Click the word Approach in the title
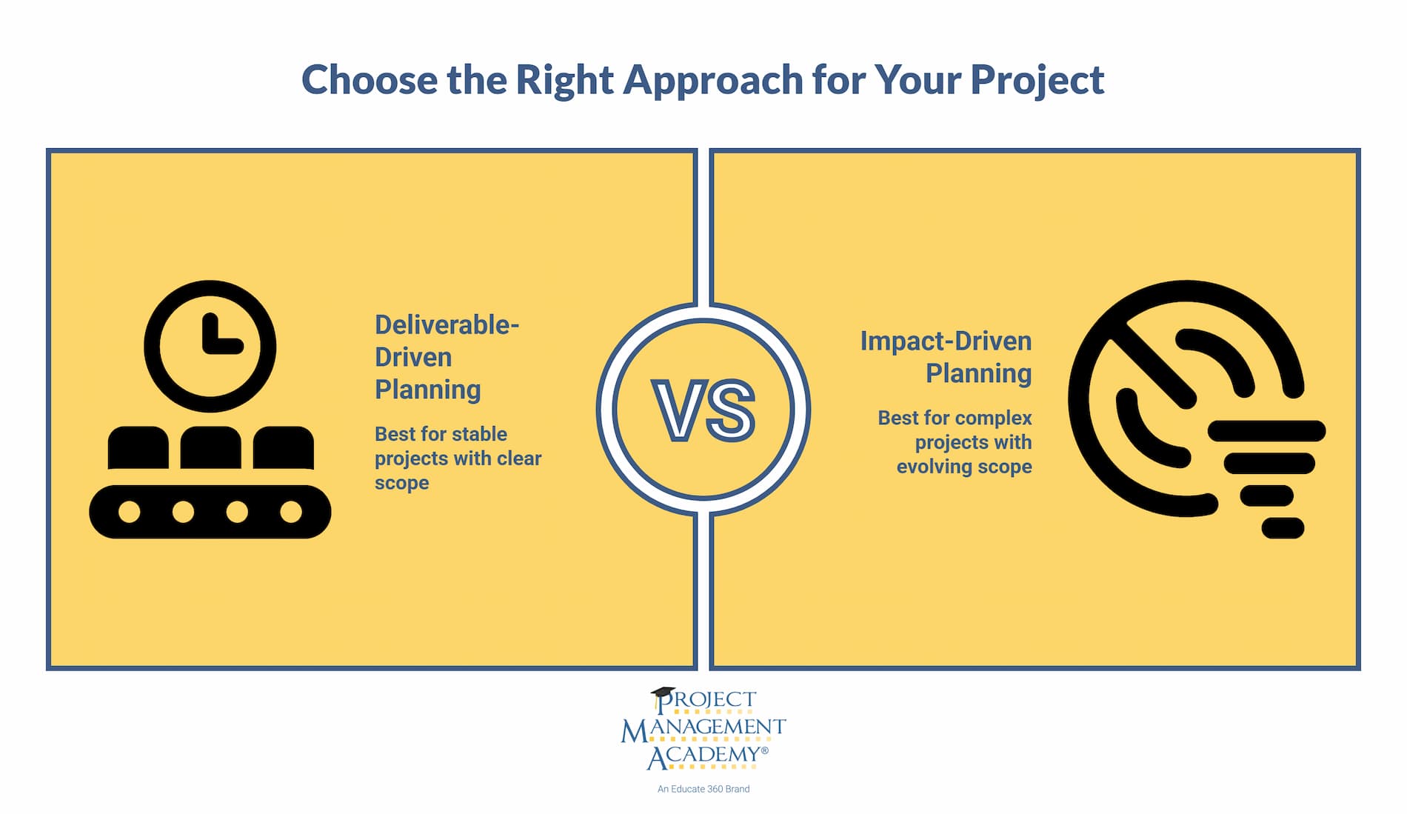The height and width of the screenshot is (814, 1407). [712, 81]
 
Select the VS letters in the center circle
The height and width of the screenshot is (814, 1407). [703, 411]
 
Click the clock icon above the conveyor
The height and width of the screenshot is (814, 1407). [210, 346]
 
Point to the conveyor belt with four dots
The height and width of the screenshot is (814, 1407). [210, 512]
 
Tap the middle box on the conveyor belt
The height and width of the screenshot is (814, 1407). [210, 447]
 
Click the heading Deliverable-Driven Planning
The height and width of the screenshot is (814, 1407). [446, 357]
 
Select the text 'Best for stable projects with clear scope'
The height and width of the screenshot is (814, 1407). [457, 458]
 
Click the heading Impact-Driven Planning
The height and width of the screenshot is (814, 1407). [946, 357]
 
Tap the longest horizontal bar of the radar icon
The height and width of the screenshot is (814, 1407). [1266, 430]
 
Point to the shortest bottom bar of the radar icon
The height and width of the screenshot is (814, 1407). [1282, 528]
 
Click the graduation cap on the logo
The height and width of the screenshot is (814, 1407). [663, 693]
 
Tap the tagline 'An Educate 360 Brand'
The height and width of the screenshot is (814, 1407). [703, 790]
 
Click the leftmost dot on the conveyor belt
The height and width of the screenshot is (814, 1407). [130, 512]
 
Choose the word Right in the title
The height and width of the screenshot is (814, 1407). [564, 81]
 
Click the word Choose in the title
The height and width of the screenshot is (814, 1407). [369, 81]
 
